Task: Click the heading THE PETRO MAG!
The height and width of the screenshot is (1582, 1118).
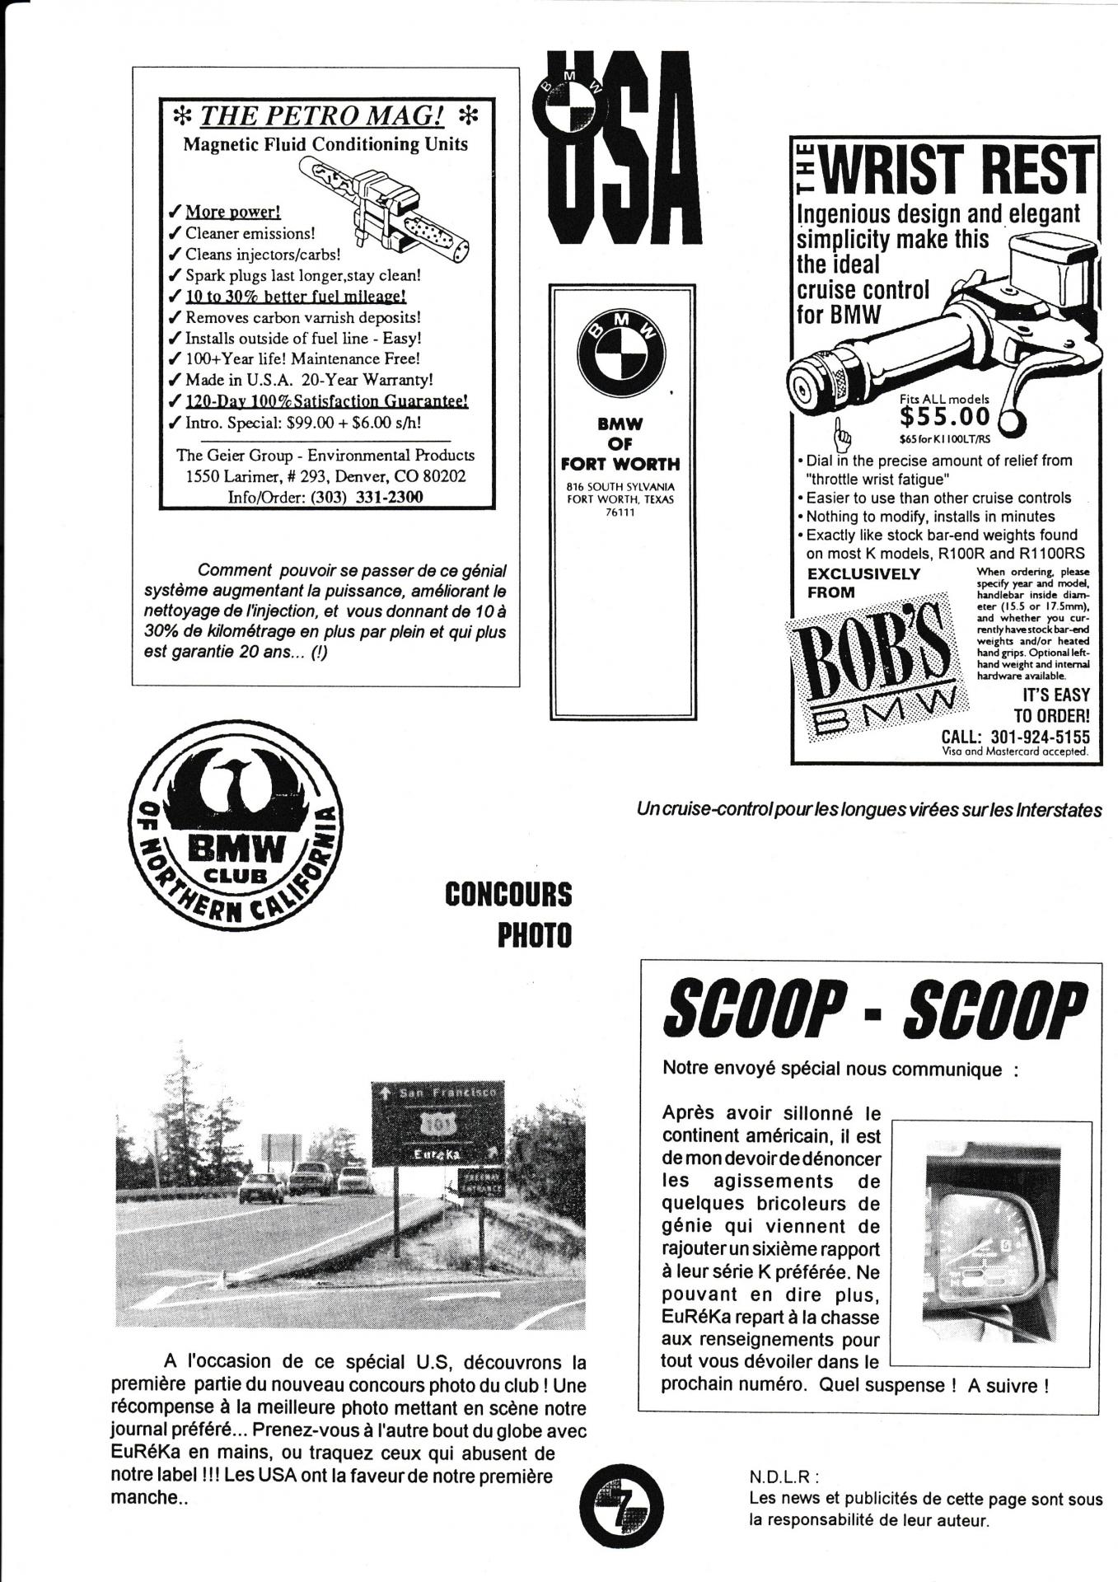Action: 322,115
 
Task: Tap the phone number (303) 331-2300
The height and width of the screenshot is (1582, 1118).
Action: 367,496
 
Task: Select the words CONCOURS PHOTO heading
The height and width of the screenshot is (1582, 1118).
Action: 508,915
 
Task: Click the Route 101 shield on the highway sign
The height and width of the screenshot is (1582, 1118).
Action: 434,1124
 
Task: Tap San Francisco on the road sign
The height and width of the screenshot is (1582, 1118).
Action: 447,1093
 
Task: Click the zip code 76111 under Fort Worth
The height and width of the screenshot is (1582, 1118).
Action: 620,513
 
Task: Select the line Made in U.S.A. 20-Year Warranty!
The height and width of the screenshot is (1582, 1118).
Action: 309,380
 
